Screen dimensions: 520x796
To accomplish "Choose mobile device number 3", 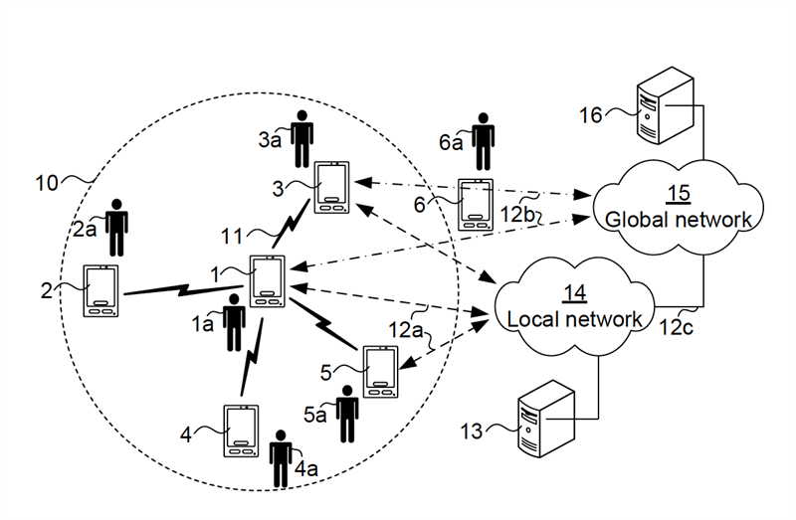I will (x=332, y=188).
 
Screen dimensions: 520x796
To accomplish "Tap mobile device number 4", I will (x=239, y=431).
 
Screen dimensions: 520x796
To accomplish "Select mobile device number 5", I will (x=379, y=370).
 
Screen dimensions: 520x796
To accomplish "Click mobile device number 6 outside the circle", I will (x=477, y=203).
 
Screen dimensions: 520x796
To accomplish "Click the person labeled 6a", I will (x=485, y=142).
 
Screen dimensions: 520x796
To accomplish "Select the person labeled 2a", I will (x=118, y=228).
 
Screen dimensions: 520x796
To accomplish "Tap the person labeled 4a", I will (x=282, y=458).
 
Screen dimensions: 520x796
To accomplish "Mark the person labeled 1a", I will (x=235, y=321).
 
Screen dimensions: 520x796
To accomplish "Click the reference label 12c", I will (x=682, y=324).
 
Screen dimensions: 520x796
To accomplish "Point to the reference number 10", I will (x=46, y=183).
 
